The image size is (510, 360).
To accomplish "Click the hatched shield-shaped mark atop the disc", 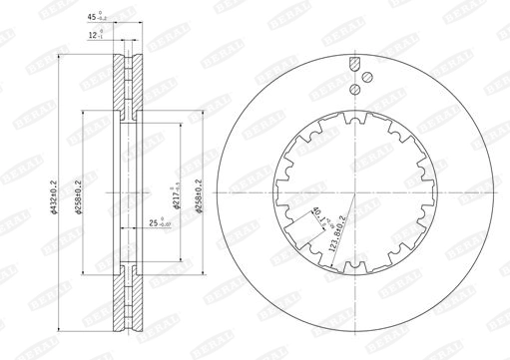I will [354, 65].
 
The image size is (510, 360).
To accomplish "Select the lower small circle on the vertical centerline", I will [354, 90].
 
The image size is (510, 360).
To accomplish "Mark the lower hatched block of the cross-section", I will [126, 300].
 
